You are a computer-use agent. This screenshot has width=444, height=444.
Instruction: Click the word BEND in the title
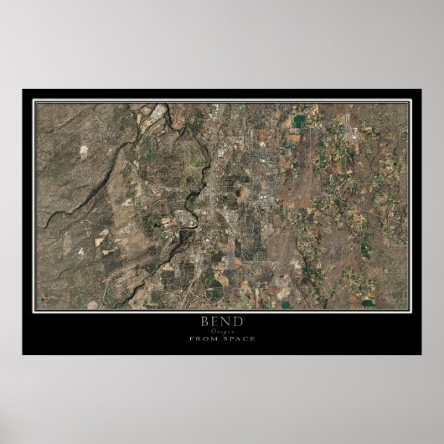(222, 321)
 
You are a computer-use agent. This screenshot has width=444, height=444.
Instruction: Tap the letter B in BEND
(204, 321)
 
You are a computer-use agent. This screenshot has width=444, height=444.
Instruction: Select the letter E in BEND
(215, 321)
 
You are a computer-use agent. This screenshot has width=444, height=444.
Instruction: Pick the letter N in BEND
(227, 321)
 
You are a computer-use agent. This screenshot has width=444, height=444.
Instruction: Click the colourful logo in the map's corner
(45, 297)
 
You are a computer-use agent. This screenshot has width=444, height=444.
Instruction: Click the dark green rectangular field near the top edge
(299, 121)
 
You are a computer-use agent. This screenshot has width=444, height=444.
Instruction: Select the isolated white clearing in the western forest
(85, 152)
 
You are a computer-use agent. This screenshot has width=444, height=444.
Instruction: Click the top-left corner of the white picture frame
(33, 101)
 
